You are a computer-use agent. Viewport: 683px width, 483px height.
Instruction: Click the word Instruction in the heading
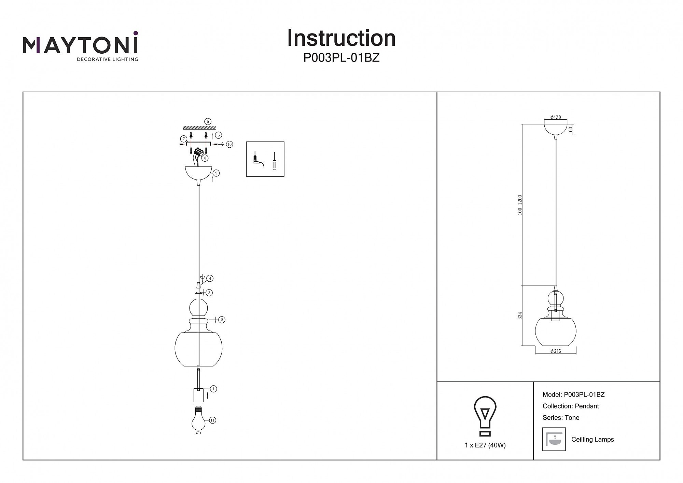click(341, 38)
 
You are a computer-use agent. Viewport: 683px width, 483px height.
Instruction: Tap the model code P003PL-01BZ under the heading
click(341, 58)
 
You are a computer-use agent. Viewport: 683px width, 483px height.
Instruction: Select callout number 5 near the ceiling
click(208, 121)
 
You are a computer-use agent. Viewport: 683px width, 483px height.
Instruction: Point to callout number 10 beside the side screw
click(229, 144)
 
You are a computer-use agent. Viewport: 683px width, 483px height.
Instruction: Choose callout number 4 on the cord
click(210, 279)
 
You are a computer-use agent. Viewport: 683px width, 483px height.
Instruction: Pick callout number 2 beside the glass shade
click(222, 320)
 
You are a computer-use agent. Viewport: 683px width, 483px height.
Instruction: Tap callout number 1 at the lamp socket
click(213, 389)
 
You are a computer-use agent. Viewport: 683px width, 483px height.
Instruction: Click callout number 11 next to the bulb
click(212, 420)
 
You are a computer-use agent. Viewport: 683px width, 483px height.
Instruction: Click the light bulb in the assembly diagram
click(198, 419)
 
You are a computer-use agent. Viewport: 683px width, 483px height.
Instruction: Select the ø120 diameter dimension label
click(556, 117)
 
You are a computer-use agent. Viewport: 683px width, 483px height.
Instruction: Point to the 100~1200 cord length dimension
click(520, 205)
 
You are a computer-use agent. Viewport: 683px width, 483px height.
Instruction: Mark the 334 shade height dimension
click(520, 316)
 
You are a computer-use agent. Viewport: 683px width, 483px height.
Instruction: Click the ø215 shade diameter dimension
click(556, 351)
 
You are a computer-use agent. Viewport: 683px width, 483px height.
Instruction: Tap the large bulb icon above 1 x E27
click(485, 416)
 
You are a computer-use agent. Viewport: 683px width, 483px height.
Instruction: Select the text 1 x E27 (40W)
click(485, 445)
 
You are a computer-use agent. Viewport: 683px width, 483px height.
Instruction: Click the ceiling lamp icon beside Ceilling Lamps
click(554, 439)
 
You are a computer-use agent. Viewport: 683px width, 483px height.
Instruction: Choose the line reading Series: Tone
click(561, 417)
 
